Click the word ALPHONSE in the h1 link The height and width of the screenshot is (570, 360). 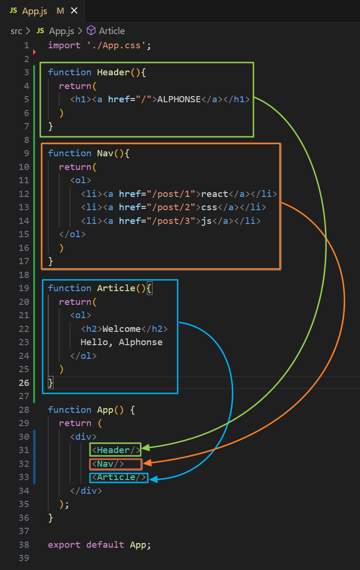tap(179, 99)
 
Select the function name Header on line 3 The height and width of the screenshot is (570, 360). tap(112, 72)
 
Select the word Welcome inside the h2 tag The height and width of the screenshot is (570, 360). tap(121, 329)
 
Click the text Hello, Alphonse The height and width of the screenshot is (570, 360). tap(121, 342)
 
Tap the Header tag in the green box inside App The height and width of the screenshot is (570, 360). tap(116, 450)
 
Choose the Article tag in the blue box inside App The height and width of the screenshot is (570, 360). tap(118, 477)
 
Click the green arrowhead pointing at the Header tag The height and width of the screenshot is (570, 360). tap(146, 447)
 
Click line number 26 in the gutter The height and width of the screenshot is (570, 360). tap(24, 383)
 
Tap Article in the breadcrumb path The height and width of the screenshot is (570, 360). tap(111, 31)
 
